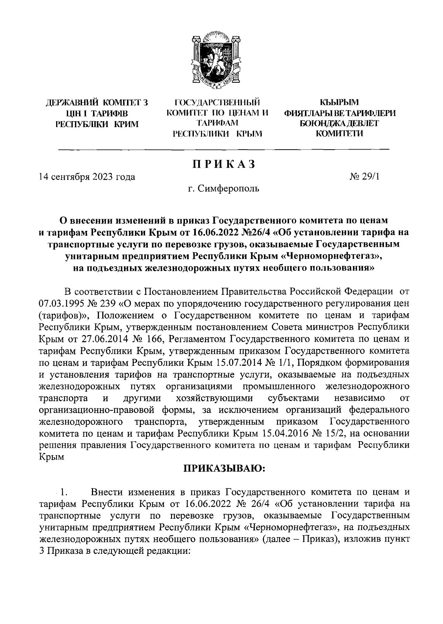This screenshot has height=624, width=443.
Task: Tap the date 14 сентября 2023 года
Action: click(x=87, y=177)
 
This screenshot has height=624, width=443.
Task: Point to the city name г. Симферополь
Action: click(x=223, y=189)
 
